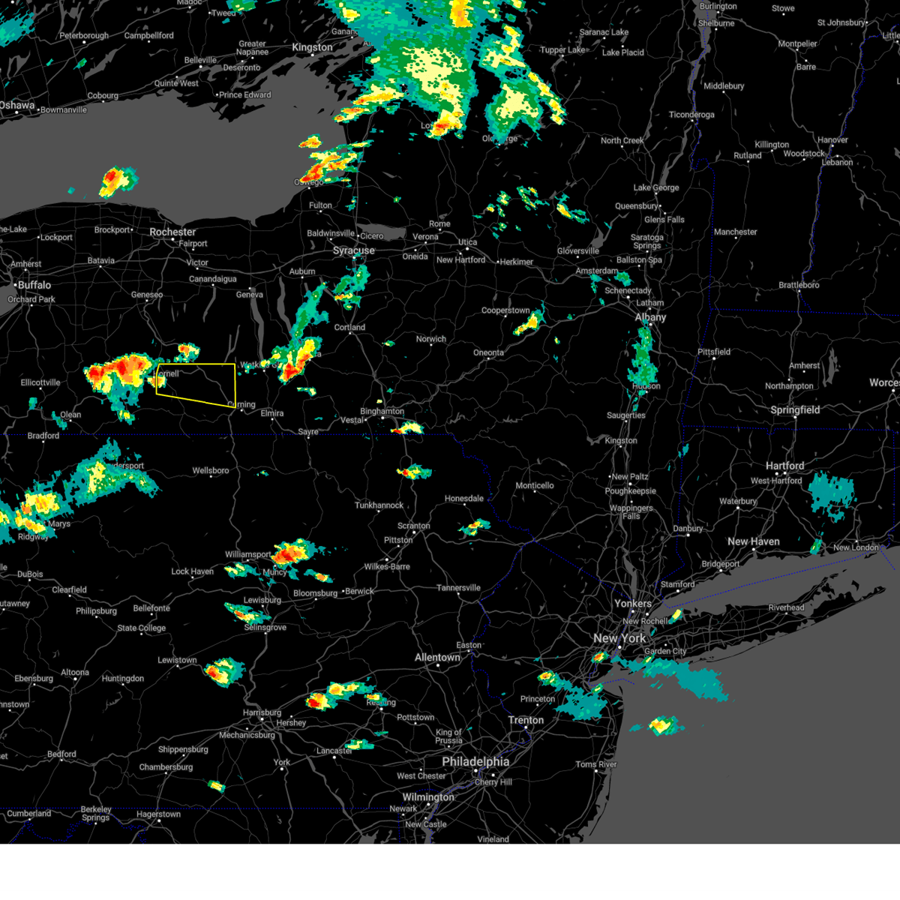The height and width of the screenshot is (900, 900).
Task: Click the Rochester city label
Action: (172, 232)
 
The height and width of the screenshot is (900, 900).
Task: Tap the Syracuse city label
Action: (353, 250)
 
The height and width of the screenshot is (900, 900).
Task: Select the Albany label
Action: (650, 317)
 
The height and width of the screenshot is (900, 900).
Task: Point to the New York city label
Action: (619, 638)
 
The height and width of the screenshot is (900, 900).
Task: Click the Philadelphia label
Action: (475, 761)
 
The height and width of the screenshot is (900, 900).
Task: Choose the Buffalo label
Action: (34, 285)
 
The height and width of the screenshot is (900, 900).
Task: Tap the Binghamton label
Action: (382, 411)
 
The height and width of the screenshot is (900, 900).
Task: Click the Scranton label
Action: (413, 526)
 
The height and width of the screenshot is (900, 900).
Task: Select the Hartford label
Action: (784, 466)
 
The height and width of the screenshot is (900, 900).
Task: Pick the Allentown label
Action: (437, 657)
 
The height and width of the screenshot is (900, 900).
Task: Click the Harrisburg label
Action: (262, 712)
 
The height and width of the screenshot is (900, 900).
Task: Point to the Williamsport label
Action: (247, 555)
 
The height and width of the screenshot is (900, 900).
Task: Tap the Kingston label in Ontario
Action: (312, 47)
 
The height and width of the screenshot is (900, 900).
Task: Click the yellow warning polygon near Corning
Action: (196, 383)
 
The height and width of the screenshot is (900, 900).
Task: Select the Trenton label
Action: (526, 720)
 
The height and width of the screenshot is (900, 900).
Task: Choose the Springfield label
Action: (795, 409)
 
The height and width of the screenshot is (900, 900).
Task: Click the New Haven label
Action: (753, 541)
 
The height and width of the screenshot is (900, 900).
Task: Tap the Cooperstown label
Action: (505, 310)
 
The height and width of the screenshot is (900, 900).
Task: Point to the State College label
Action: (141, 628)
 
